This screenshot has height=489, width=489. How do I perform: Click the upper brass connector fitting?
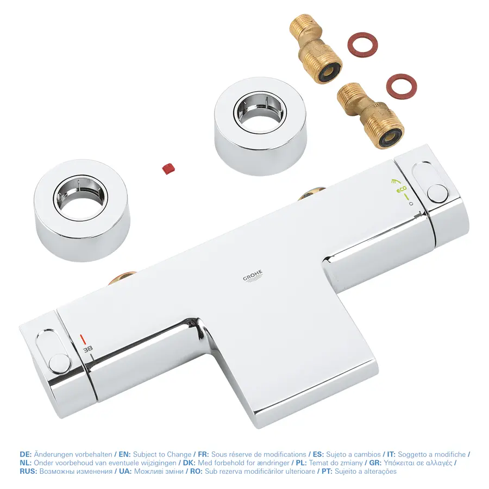(x=315, y=54)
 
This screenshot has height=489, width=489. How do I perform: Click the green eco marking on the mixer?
(x=401, y=190)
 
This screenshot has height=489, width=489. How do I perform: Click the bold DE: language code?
(x=26, y=454)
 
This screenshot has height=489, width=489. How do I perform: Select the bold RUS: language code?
(x=28, y=471)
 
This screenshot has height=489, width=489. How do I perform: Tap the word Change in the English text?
(x=179, y=454)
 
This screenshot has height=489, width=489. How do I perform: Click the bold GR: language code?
(x=375, y=463)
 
